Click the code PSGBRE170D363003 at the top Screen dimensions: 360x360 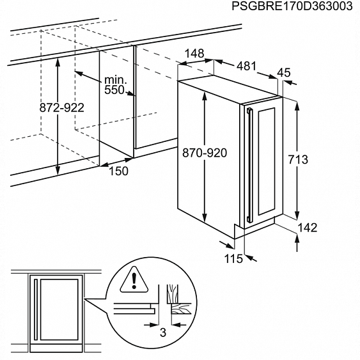[292, 6]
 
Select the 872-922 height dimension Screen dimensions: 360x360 [62, 107]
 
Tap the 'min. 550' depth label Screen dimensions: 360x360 [115, 85]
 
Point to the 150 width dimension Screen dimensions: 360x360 [118, 171]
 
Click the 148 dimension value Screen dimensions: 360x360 [194, 54]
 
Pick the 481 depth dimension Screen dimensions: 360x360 [246, 66]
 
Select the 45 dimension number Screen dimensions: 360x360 [284, 72]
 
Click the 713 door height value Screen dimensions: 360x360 [298, 160]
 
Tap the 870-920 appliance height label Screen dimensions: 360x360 [205, 153]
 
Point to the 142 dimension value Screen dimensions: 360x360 [307, 227]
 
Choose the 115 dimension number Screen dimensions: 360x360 [233, 258]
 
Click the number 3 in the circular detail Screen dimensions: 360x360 [163, 333]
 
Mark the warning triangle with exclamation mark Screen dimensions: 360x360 [134, 279]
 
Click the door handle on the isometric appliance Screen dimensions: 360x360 [249, 166]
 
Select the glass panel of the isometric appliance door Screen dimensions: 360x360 [267, 162]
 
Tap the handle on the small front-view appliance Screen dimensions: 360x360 [36, 309]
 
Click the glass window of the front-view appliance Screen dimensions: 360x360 [59, 309]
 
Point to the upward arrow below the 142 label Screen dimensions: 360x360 [297, 243]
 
